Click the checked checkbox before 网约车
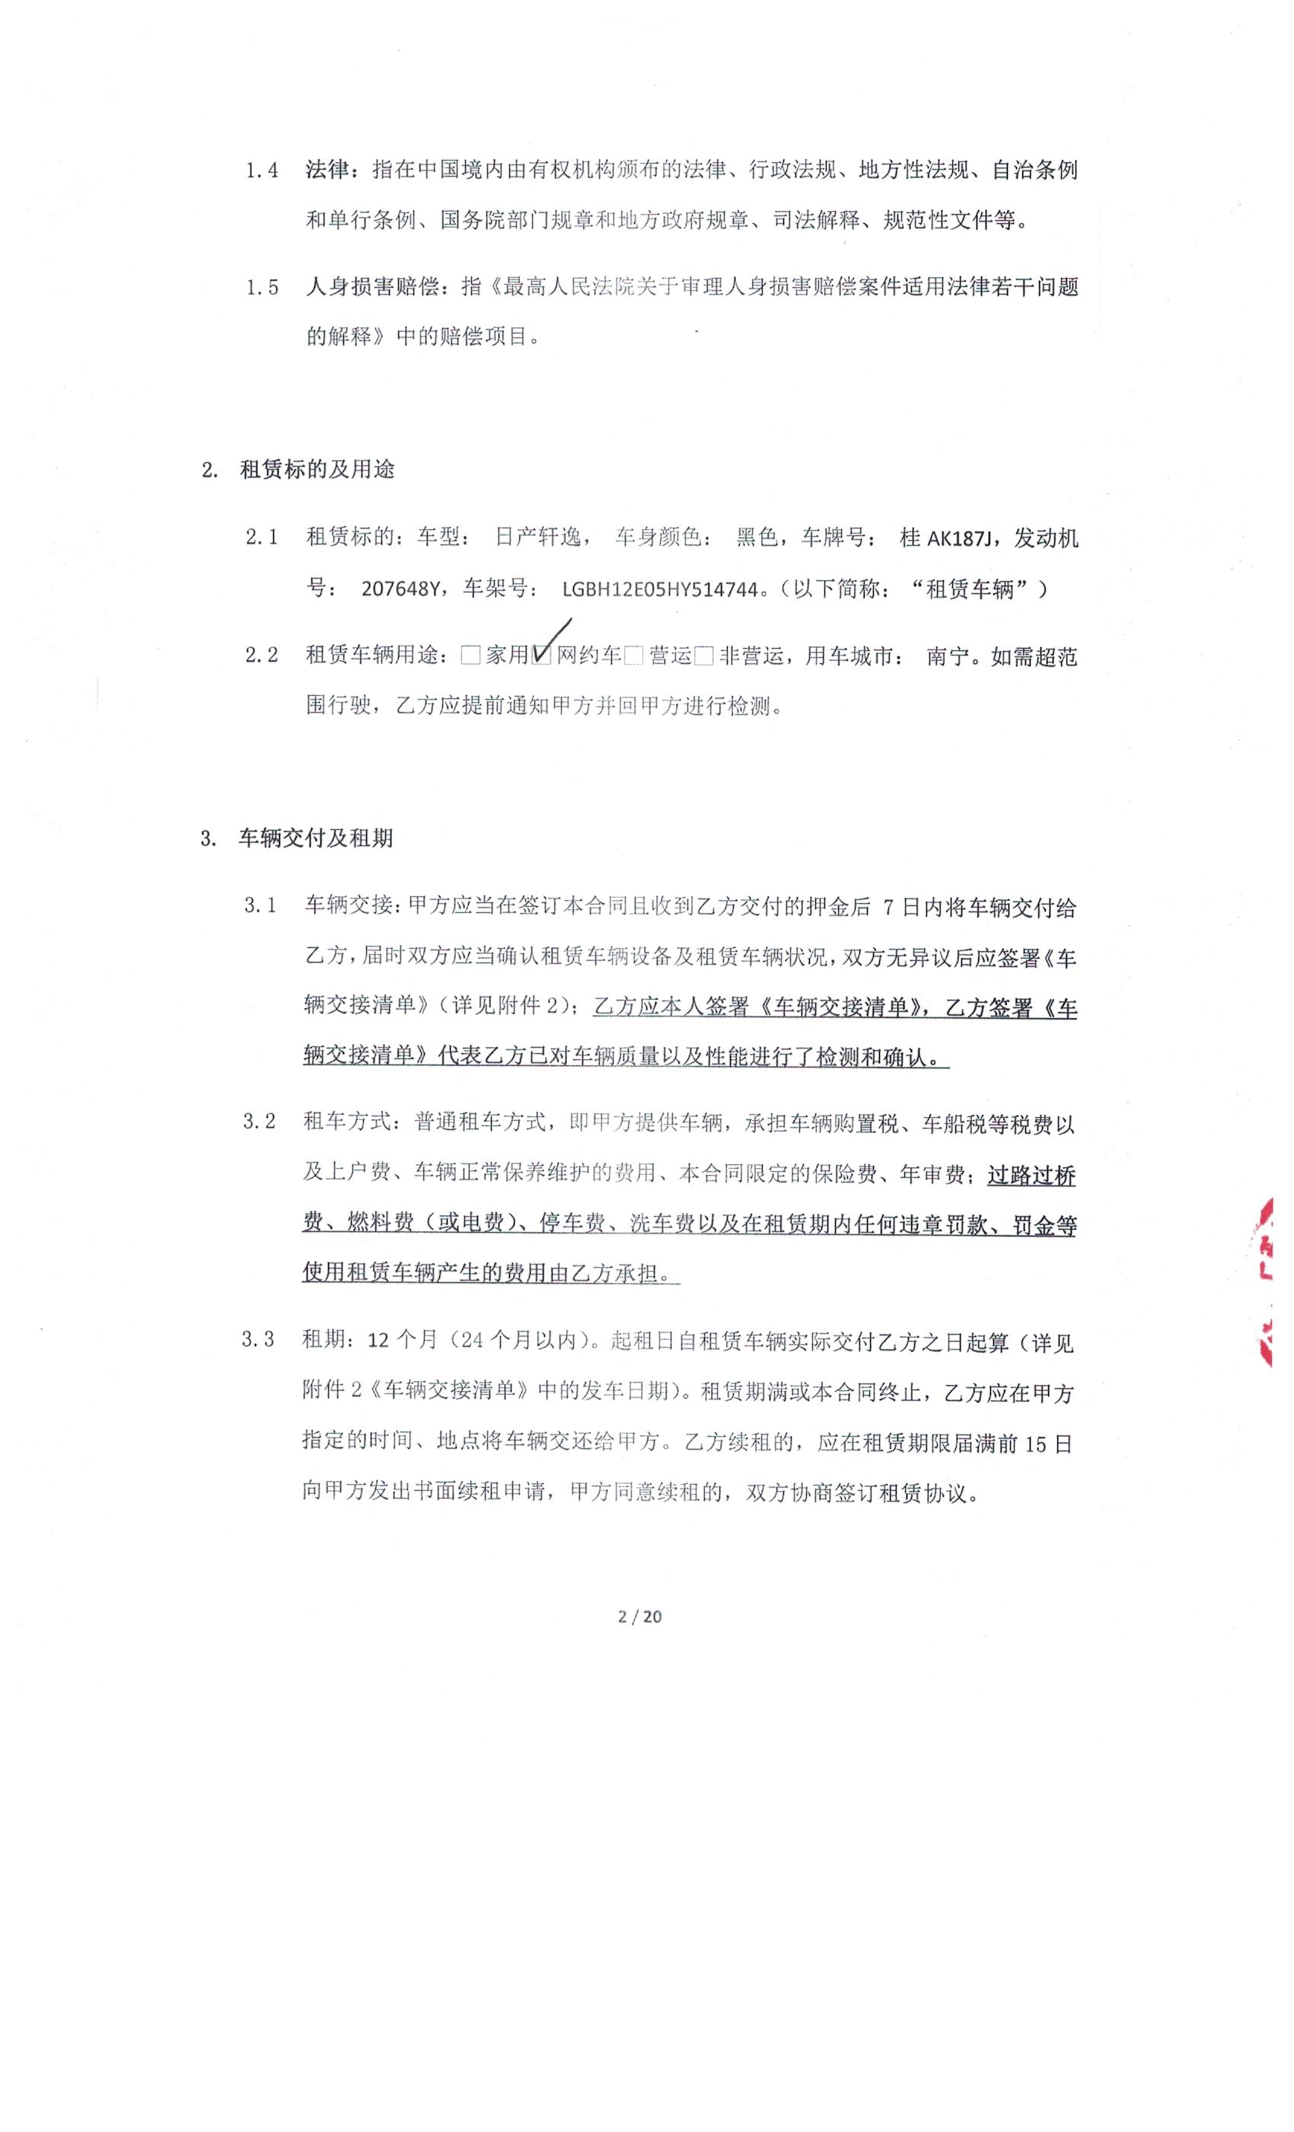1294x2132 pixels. (542, 656)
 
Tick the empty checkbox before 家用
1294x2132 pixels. (470, 656)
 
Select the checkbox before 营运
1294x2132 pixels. (633, 656)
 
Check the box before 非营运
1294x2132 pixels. (703, 656)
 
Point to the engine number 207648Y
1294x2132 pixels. (400, 589)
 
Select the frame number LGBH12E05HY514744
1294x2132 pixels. (660, 589)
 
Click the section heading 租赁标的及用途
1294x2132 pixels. (317, 470)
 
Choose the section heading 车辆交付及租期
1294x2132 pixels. (316, 838)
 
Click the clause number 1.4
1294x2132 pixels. (261, 171)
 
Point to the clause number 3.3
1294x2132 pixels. (258, 1339)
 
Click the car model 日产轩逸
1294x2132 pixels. (537, 538)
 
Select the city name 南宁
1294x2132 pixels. (947, 656)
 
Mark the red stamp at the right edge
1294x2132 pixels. (1263, 1281)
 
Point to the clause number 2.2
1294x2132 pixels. (261, 655)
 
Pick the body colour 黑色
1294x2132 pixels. (757, 538)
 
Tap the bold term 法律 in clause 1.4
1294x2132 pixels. (327, 170)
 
